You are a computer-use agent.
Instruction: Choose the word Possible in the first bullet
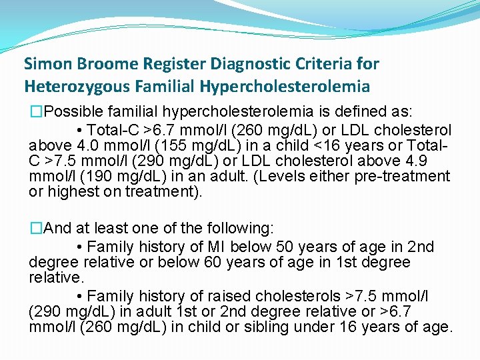(73, 110)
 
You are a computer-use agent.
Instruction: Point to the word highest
(69, 193)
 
